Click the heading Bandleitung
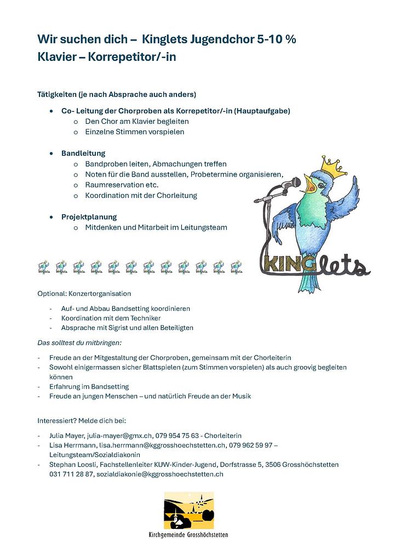pyautogui.click(x=83, y=153)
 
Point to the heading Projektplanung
pyautogui.click(x=89, y=216)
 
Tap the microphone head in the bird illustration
pyautogui.click(x=295, y=181)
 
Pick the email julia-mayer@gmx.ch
pyautogui.click(x=118, y=435)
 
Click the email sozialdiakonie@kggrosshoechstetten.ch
pyautogui.click(x=160, y=475)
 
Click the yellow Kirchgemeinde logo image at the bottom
pyautogui.click(x=189, y=511)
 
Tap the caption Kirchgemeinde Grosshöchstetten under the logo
pyautogui.click(x=188, y=535)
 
